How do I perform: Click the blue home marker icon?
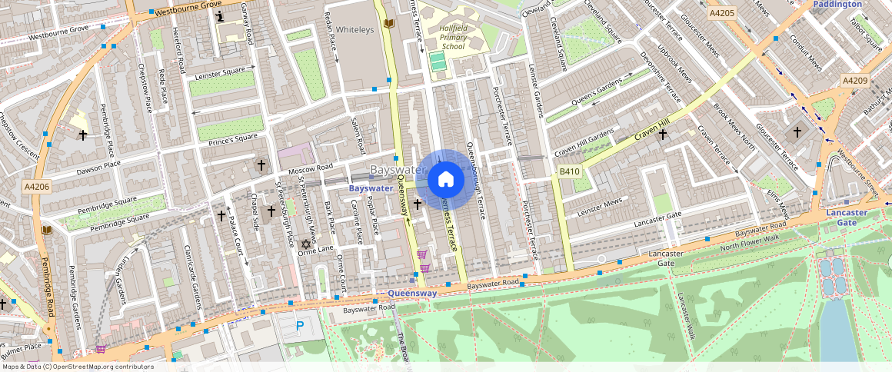click(444, 180)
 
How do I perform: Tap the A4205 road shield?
click(723, 13)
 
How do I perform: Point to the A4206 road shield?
click(36, 186)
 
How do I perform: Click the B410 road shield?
click(568, 171)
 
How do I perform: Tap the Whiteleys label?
click(354, 29)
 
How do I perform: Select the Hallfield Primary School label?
click(454, 37)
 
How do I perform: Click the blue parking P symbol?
click(300, 326)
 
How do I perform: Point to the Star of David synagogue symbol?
click(305, 244)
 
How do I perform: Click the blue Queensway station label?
click(412, 294)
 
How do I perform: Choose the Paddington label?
click(837, 5)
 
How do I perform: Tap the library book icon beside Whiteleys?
click(388, 25)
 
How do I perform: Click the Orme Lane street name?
click(317, 248)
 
